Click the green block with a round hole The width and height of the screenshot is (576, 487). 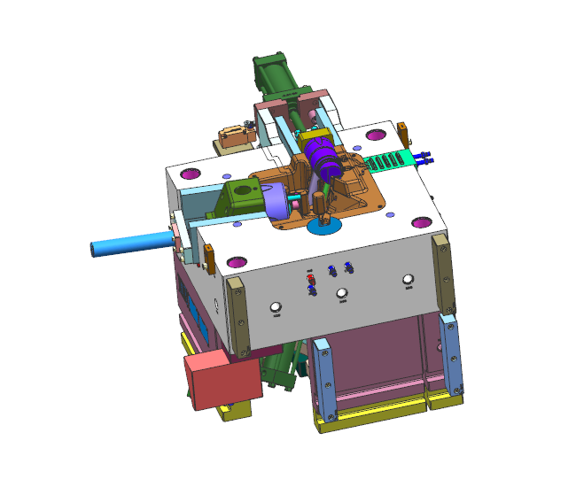(x=243, y=197)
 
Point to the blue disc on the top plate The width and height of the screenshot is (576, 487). (x=324, y=226)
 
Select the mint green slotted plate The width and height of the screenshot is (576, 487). (x=387, y=161)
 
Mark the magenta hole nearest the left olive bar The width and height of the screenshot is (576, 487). (x=237, y=262)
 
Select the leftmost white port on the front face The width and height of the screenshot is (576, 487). (x=276, y=308)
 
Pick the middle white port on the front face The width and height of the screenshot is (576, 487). (x=342, y=295)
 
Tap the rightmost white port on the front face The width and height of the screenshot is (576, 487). (x=408, y=281)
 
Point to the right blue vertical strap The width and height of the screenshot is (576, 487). (x=453, y=354)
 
